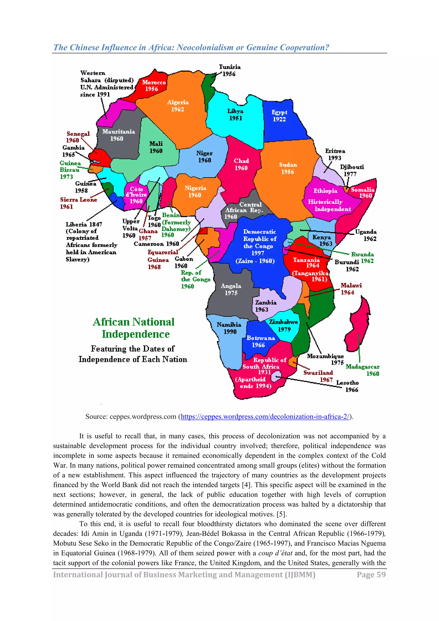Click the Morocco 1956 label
[x=154, y=86]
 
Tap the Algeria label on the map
[x=178, y=105]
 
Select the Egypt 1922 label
[x=279, y=116]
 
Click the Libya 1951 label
[x=235, y=114]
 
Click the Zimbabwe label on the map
[x=283, y=325]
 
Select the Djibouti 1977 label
[x=352, y=170]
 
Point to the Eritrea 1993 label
[x=335, y=154]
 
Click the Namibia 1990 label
[x=229, y=328]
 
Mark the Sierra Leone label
[x=78, y=203]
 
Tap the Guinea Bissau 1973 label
[x=70, y=170]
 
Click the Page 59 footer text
[x=371, y=574]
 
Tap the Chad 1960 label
[x=241, y=164]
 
